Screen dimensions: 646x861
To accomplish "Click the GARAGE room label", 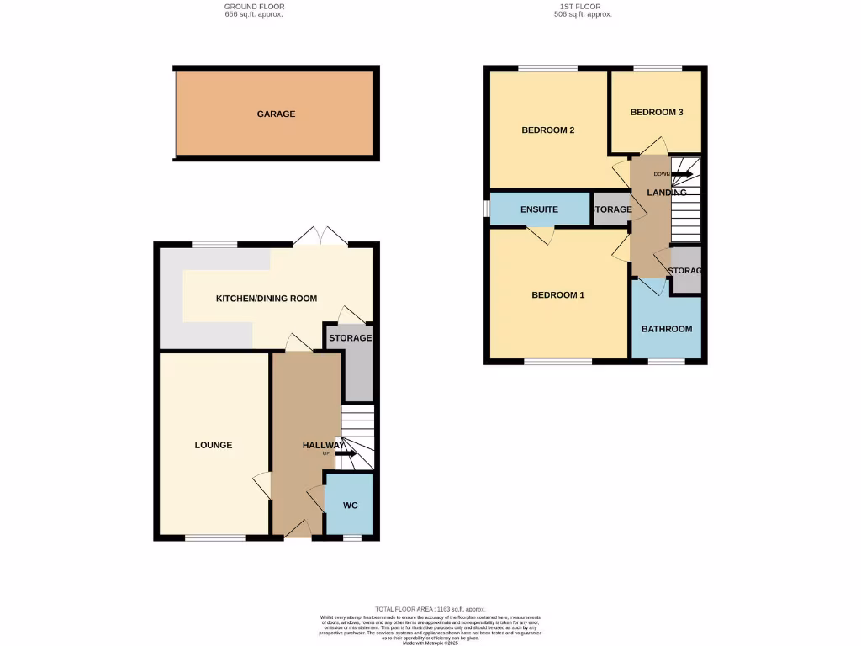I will [x=276, y=114].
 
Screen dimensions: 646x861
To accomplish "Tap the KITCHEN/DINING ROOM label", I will [x=267, y=299].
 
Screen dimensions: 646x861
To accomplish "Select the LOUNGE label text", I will [x=214, y=445].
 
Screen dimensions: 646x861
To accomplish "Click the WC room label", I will [x=350, y=506].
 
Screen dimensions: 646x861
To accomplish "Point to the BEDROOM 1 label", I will [x=557, y=295].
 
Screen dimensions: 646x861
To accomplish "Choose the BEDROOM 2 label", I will [x=547, y=130].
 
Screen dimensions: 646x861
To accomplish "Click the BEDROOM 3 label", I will [x=656, y=112].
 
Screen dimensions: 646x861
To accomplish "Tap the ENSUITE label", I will [x=540, y=209].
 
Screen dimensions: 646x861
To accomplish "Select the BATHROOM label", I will [x=667, y=329].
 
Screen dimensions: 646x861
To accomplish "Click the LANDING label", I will [x=666, y=193].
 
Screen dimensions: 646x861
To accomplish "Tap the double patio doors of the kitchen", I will [x=321, y=237].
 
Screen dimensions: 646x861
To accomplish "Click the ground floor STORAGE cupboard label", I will [x=350, y=338].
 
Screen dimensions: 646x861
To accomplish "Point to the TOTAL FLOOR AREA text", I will [x=430, y=609].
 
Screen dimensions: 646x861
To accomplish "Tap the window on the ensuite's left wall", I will [x=486, y=209].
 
